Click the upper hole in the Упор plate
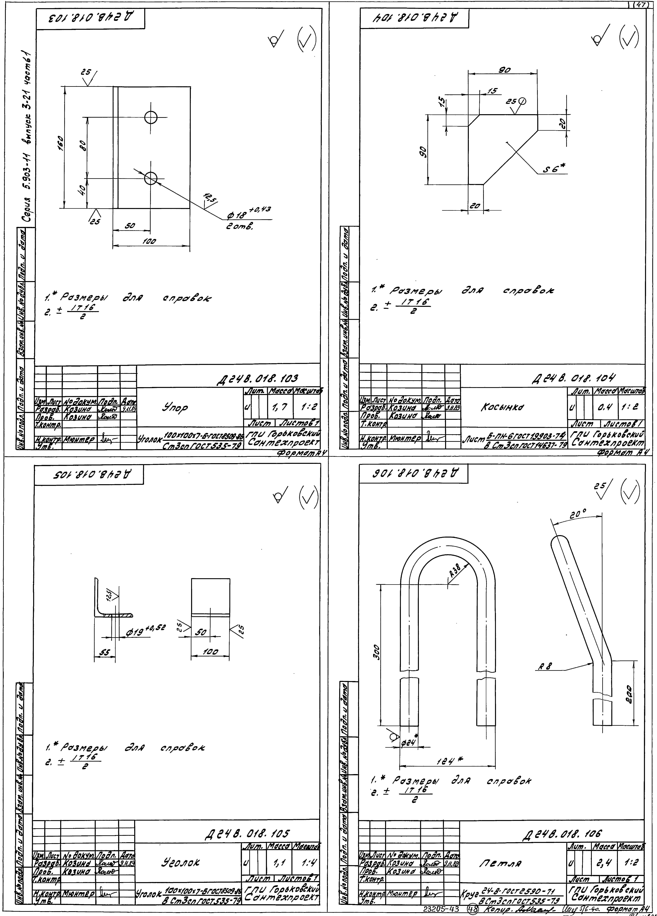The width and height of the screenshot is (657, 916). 151,117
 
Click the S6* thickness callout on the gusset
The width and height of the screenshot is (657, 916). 554,170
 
